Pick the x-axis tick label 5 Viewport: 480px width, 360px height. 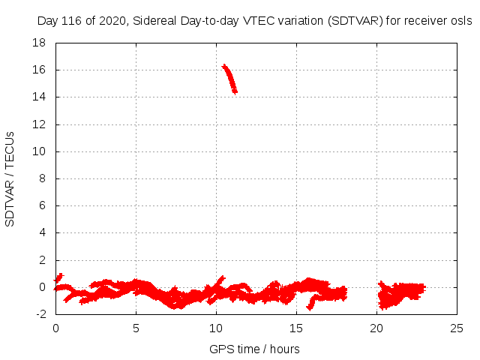click(x=136, y=328)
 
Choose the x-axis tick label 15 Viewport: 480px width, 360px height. click(x=296, y=328)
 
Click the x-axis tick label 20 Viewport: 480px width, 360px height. click(x=376, y=328)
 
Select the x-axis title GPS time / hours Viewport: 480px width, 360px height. click(x=254, y=349)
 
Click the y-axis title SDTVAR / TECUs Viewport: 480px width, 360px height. click(x=10, y=178)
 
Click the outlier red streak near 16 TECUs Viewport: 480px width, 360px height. click(x=229, y=78)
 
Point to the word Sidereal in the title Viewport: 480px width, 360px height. click(x=154, y=21)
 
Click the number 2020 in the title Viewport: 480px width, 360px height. click(x=112, y=21)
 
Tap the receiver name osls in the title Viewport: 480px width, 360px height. click(x=461, y=21)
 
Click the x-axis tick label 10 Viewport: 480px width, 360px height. click(x=216, y=328)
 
